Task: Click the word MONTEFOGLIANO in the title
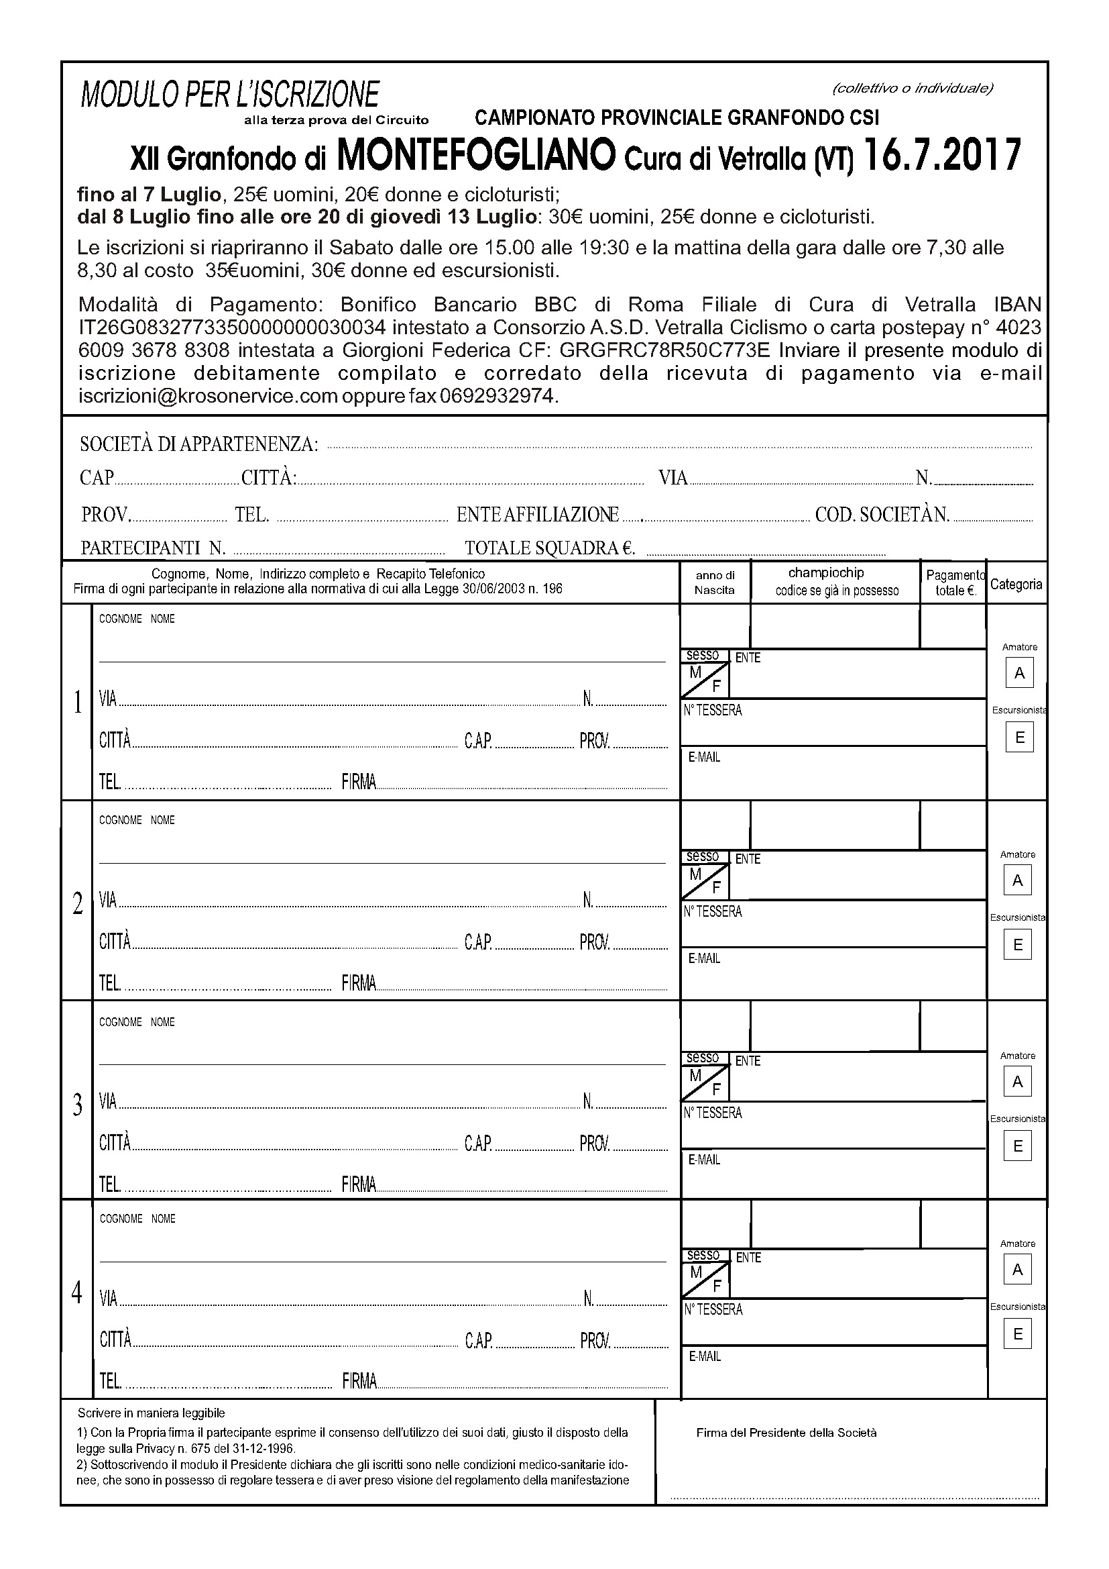(x=477, y=156)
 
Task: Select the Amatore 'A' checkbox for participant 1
(x=1020, y=673)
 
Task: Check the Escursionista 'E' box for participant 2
(x=1018, y=945)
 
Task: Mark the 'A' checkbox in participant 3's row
(x=1018, y=1082)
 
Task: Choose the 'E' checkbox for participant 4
(x=1018, y=1335)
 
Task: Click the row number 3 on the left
(x=77, y=1105)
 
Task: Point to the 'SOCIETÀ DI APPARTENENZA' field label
(x=198, y=444)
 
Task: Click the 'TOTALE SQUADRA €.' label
(x=550, y=548)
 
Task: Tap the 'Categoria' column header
(x=1016, y=585)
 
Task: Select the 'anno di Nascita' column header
(x=714, y=583)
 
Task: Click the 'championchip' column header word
(x=825, y=572)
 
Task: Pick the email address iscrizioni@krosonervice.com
(x=209, y=397)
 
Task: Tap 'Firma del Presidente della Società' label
(x=786, y=1432)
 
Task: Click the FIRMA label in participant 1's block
(x=359, y=782)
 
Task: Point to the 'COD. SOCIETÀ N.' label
(x=882, y=515)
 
